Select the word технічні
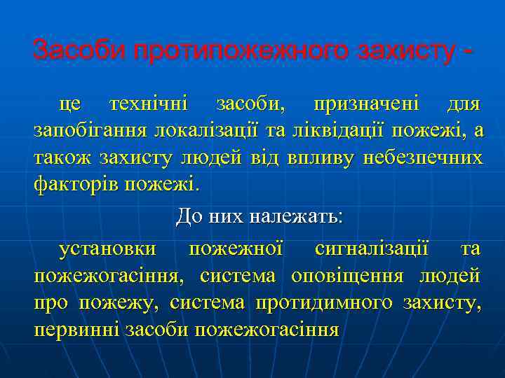(149, 105)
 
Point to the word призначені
(366, 105)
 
